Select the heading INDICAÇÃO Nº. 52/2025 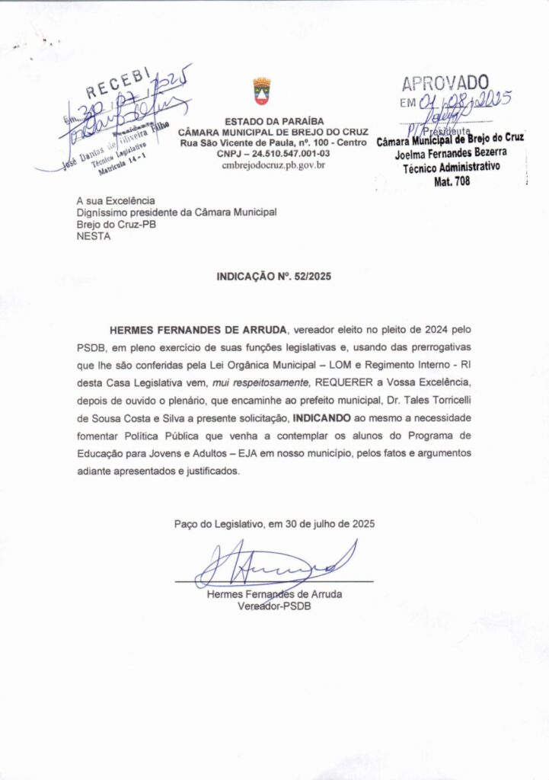(x=274, y=277)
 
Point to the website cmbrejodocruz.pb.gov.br (x=273, y=165)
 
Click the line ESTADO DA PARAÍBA (x=273, y=121)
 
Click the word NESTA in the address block (x=94, y=236)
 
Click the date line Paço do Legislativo (x=274, y=524)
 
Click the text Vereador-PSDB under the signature (x=274, y=606)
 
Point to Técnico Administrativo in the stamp (x=452, y=168)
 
